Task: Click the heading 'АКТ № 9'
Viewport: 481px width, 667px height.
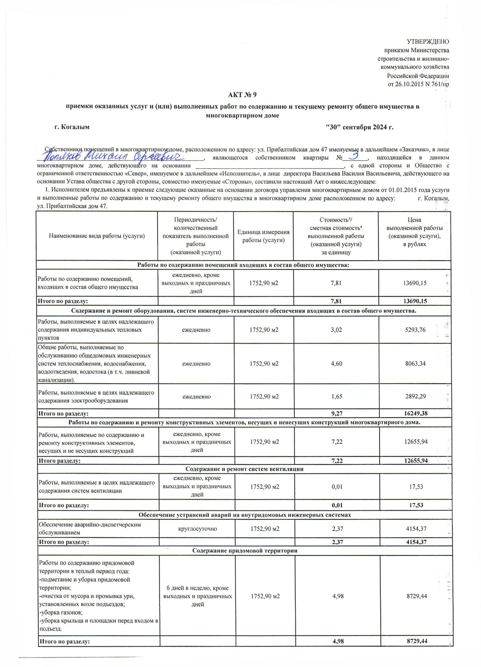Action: [x=242, y=95]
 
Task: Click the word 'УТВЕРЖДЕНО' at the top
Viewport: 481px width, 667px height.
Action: [x=428, y=42]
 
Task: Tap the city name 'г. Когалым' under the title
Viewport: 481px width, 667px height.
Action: [x=72, y=127]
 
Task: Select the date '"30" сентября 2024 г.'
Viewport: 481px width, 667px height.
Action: [x=360, y=127]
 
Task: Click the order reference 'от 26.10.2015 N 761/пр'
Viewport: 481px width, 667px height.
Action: [x=418, y=84]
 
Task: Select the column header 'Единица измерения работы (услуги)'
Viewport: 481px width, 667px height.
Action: [x=263, y=236]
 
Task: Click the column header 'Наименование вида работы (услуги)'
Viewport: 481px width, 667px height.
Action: [x=97, y=236]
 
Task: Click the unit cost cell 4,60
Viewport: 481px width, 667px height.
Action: [x=336, y=364]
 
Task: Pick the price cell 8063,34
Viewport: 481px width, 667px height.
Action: [x=415, y=364]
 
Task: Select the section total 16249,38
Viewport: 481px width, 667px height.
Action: [x=416, y=413]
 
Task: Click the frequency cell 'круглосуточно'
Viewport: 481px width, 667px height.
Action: [x=197, y=529]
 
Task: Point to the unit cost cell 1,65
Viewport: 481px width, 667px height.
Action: [x=337, y=396]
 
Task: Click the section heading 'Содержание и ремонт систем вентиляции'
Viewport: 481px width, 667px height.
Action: [x=244, y=469]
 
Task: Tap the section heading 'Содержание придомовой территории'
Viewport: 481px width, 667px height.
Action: [x=245, y=551]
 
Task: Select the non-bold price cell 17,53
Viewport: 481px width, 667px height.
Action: [x=416, y=487]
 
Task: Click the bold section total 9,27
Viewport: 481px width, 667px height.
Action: [x=337, y=413]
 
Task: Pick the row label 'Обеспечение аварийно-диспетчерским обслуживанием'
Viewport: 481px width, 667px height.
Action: [x=90, y=528]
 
